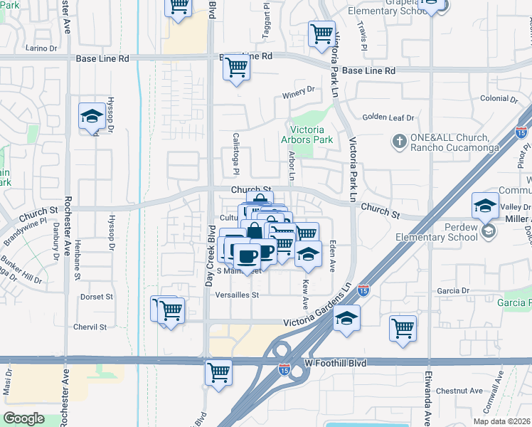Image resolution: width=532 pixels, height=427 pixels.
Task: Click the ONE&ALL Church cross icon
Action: pos(399,142)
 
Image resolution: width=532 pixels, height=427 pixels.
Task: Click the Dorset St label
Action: pos(96,296)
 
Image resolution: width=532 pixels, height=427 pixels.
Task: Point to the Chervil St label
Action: pos(90,327)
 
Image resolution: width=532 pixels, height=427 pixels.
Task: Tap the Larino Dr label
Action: pos(41,48)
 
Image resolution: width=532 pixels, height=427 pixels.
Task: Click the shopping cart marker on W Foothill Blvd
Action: pos(219,371)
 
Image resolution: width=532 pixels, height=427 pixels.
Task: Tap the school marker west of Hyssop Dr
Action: pos(92,116)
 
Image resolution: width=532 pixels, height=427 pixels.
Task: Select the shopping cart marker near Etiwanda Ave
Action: pos(403,329)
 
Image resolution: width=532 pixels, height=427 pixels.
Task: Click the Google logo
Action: pos(24,418)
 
